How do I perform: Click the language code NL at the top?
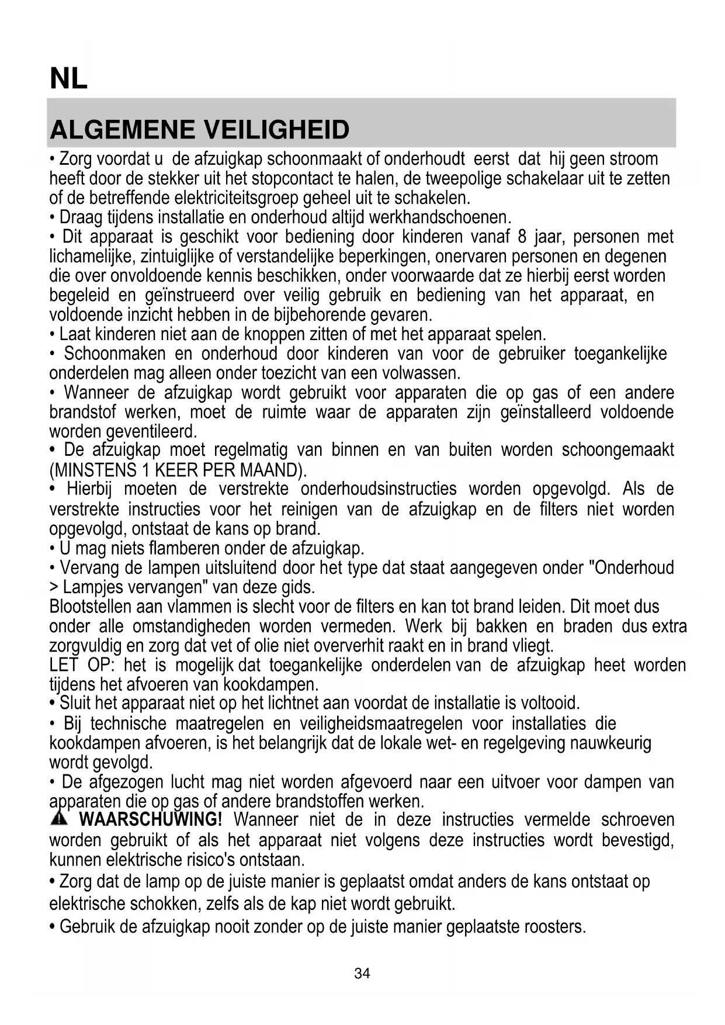[x=69, y=79]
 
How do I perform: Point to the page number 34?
[x=362, y=974]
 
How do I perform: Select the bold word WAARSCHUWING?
[x=150, y=819]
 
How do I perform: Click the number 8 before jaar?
[x=522, y=237]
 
